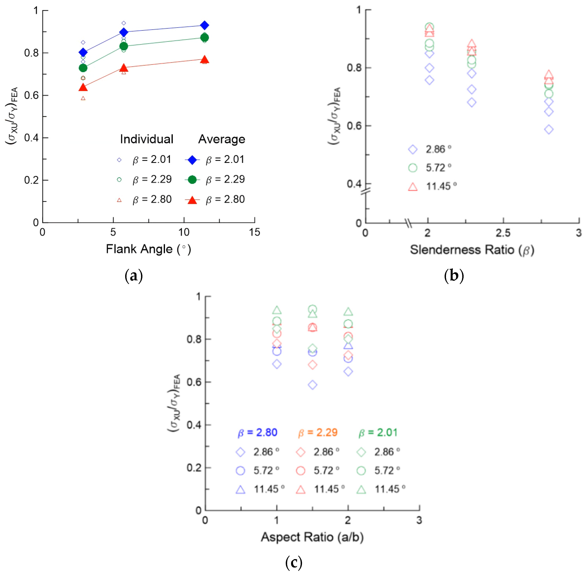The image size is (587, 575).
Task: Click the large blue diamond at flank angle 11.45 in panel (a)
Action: pos(204,25)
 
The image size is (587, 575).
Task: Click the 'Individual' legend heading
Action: pos(147,139)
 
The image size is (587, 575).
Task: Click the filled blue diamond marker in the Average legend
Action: pos(192,160)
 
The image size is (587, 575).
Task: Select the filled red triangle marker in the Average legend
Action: pos(192,200)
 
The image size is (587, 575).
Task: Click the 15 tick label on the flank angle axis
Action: pos(254,232)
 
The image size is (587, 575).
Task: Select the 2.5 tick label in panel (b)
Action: pos(503,233)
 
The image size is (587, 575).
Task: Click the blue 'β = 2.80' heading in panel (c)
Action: pos(257,432)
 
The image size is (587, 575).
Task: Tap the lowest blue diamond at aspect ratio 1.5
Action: pos(313,385)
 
